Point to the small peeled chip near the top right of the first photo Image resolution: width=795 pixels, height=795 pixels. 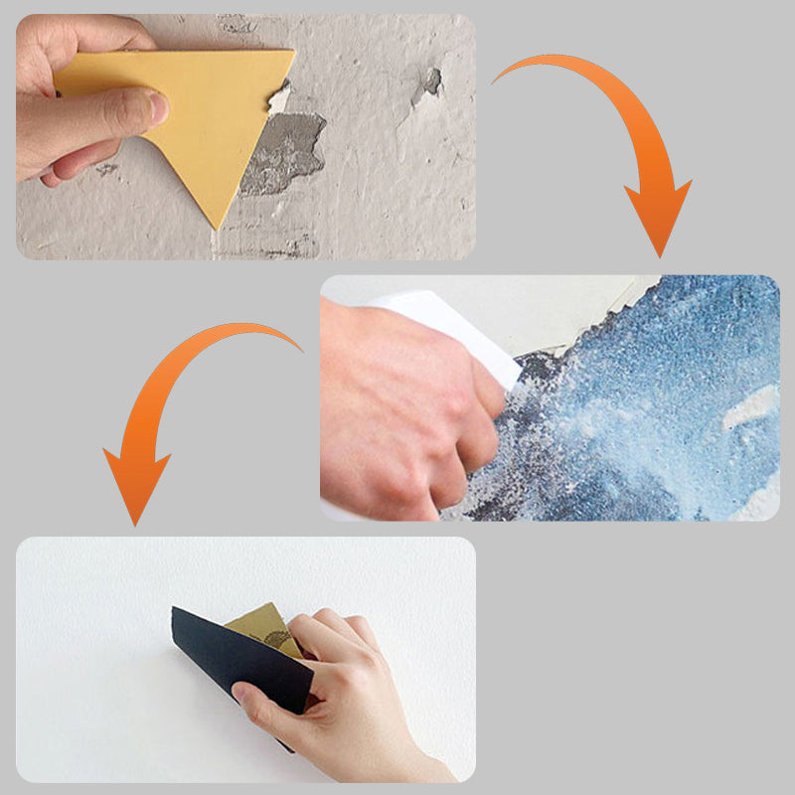(429, 81)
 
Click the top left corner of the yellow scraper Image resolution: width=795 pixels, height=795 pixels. (60, 63)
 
